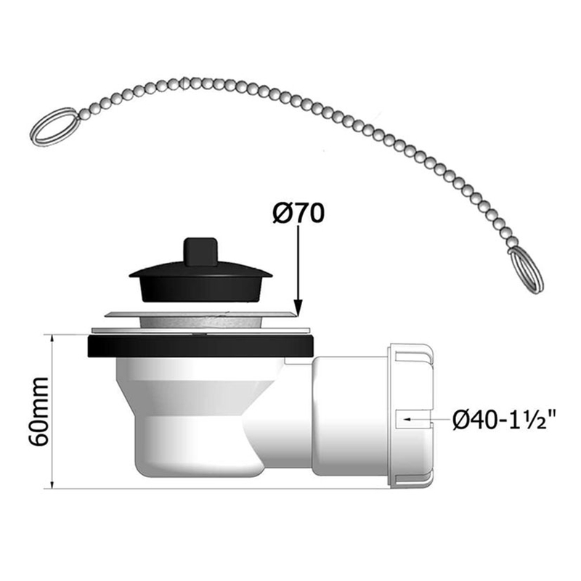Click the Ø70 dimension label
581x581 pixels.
pyautogui.click(x=298, y=214)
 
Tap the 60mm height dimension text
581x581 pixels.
pyautogui.click(x=38, y=412)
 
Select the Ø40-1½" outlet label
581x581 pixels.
pyautogui.click(x=504, y=420)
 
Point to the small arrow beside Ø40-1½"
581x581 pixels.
pyautogui.click(x=408, y=420)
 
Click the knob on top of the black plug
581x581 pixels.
pyautogui.click(x=200, y=252)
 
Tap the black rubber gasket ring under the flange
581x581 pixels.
pyautogui.click(x=201, y=346)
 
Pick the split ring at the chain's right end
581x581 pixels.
pyautogui.click(x=525, y=270)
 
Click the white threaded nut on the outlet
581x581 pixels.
pyautogui.click(x=410, y=415)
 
